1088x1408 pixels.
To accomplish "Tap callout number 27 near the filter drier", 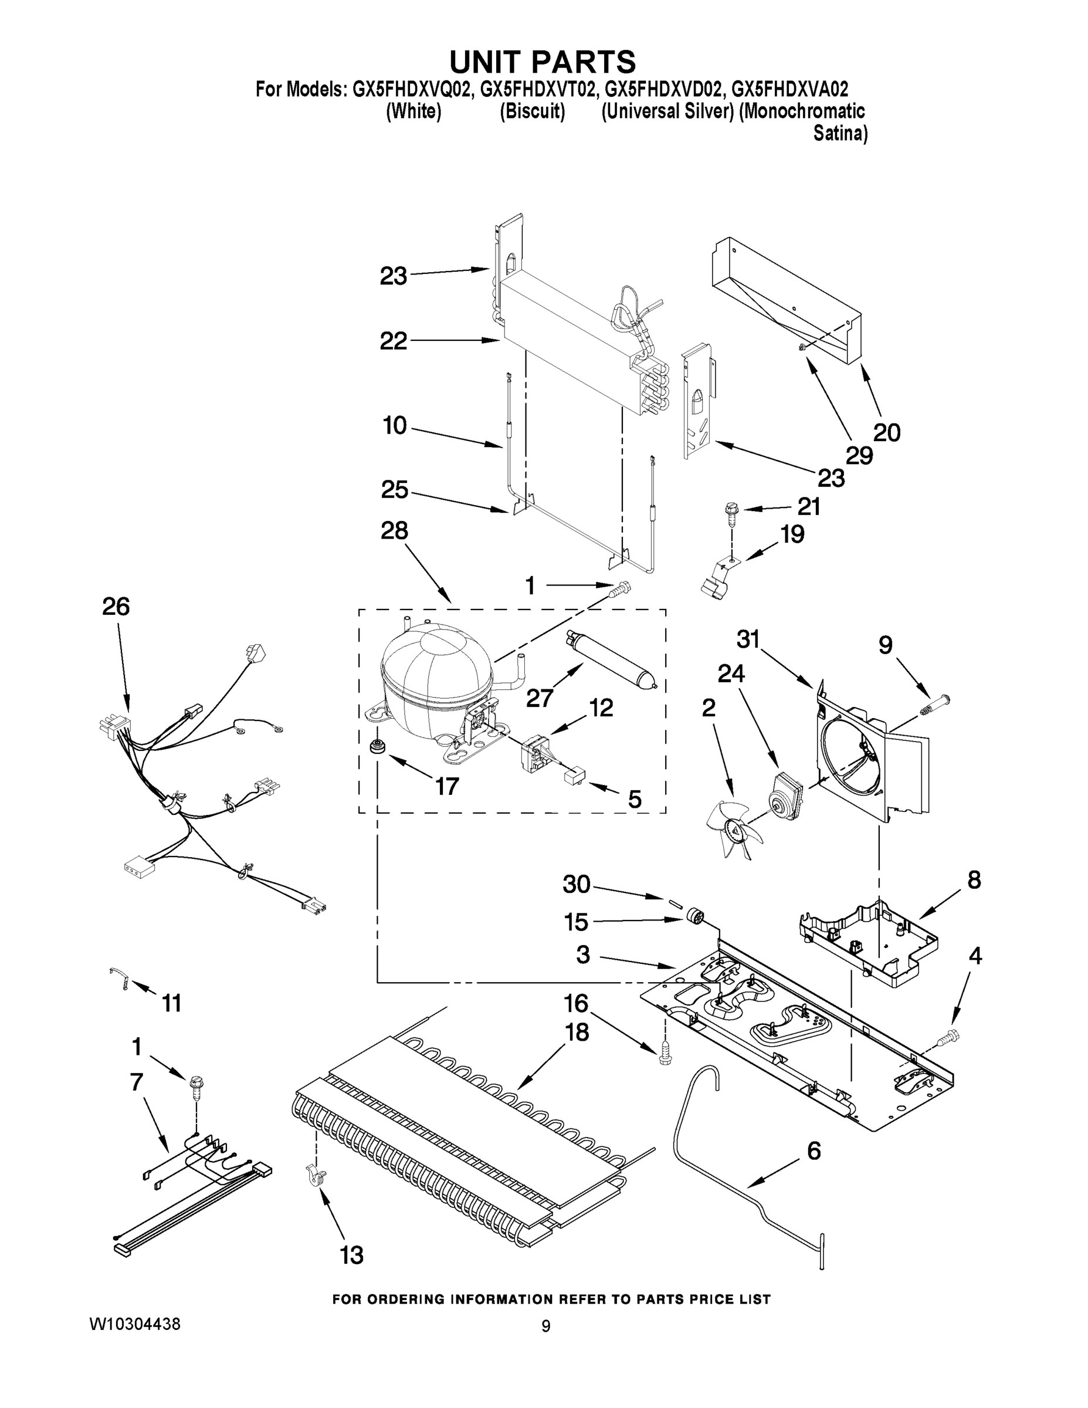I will (540, 697).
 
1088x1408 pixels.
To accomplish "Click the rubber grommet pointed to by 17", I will (374, 747).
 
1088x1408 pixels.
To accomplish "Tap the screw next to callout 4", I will (948, 1037).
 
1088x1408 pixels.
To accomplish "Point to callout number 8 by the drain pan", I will (974, 879).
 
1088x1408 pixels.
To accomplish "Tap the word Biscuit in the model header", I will (532, 111).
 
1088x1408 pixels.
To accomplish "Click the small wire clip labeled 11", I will (120, 978).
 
